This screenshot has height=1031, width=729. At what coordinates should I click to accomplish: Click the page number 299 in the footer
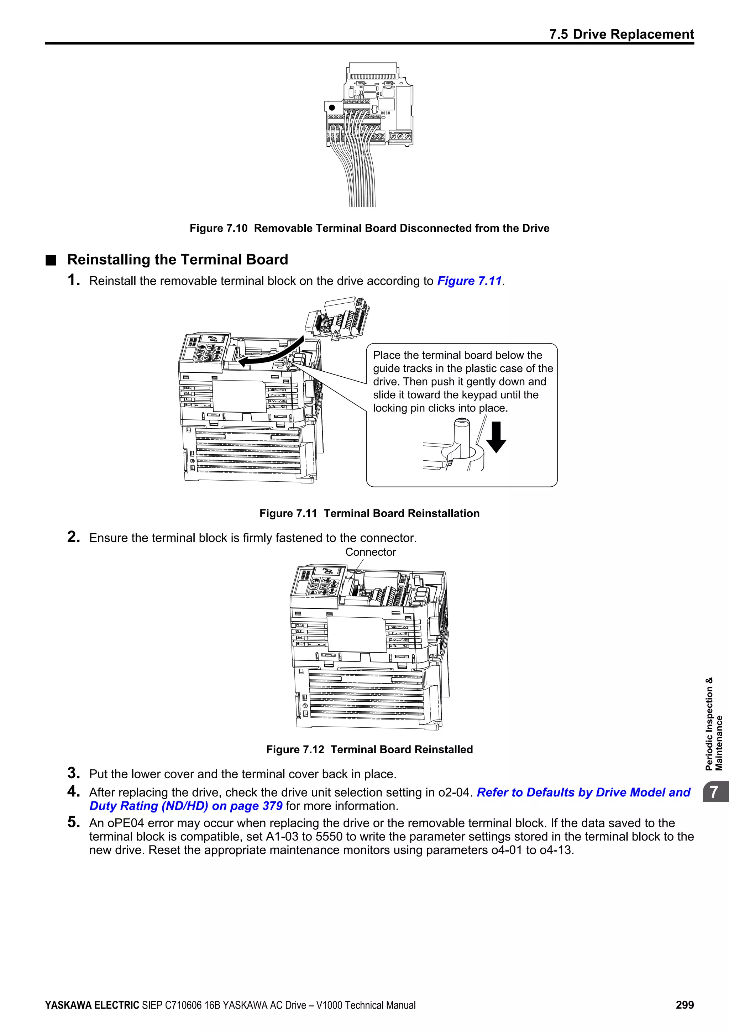[x=685, y=1005]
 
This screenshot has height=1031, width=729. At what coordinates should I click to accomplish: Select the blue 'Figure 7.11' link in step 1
[x=469, y=281]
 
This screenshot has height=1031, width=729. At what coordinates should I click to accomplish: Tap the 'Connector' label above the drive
[x=370, y=552]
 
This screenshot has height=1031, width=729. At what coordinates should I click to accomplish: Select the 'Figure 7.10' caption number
[x=218, y=228]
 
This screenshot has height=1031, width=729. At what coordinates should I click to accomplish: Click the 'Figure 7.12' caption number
[x=295, y=749]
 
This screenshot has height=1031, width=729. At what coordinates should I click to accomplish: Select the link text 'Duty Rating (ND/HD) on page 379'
[x=186, y=806]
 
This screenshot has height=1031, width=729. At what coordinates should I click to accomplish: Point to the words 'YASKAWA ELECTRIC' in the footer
[x=92, y=1005]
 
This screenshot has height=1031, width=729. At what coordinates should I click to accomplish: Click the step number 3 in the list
[x=74, y=773]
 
